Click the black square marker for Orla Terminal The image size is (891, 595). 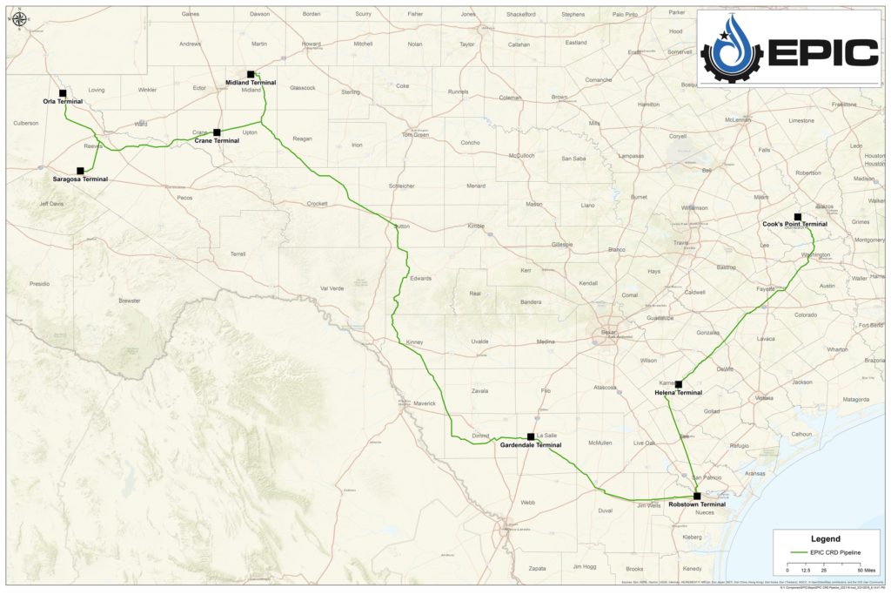click(63, 92)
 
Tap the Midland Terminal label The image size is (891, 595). click(251, 82)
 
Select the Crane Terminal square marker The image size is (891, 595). click(217, 132)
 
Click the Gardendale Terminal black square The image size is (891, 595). click(531, 436)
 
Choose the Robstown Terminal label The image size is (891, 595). click(697, 504)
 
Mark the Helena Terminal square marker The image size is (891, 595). click(678, 384)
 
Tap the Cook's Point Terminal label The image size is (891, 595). click(794, 224)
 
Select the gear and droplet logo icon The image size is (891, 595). click(732, 51)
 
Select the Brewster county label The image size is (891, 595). click(130, 301)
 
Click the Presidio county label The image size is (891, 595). click(39, 284)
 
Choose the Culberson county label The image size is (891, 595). click(25, 123)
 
